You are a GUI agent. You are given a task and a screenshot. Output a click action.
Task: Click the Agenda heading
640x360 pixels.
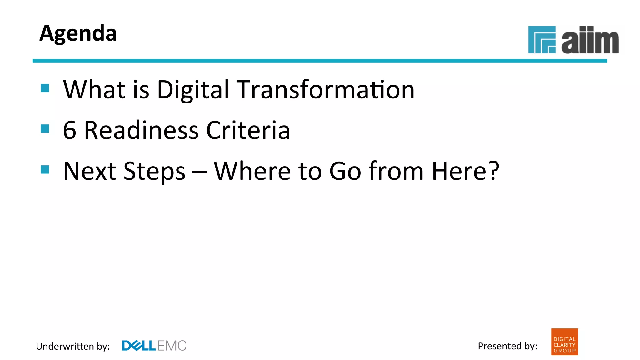tap(78, 33)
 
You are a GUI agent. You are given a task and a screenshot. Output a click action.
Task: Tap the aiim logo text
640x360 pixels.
tap(590, 41)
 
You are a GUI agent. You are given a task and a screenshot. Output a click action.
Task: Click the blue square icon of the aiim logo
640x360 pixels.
tap(542, 40)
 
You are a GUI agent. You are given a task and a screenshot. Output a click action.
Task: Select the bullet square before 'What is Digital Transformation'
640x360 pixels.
tap(45, 88)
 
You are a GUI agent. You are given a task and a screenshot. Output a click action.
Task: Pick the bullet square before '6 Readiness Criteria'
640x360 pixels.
tap(45, 128)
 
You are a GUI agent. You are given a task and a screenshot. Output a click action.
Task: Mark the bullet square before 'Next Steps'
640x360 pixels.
tap(45, 169)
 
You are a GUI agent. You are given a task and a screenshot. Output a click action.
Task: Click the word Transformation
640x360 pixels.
tap(325, 90)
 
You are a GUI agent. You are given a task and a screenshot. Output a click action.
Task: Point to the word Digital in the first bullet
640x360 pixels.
tap(193, 90)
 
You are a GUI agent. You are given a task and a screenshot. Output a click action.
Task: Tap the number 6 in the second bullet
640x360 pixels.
tap(69, 130)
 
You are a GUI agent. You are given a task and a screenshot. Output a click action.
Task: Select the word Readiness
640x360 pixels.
tap(141, 130)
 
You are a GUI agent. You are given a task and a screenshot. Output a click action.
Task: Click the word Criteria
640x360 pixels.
tap(248, 130)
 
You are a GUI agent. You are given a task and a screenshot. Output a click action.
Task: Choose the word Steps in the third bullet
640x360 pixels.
tap(154, 172)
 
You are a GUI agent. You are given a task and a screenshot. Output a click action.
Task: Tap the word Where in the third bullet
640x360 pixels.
tap(252, 171)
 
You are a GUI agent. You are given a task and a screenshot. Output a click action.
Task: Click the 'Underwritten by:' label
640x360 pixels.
tap(73, 346)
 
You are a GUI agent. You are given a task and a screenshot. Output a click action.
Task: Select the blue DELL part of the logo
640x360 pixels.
tap(138, 346)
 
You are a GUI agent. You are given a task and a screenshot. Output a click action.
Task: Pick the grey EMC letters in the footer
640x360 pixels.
tap(172, 346)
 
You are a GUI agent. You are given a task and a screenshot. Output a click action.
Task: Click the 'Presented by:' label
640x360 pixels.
tap(507, 346)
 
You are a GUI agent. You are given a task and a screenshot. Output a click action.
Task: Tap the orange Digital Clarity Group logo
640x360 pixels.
tap(564, 342)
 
